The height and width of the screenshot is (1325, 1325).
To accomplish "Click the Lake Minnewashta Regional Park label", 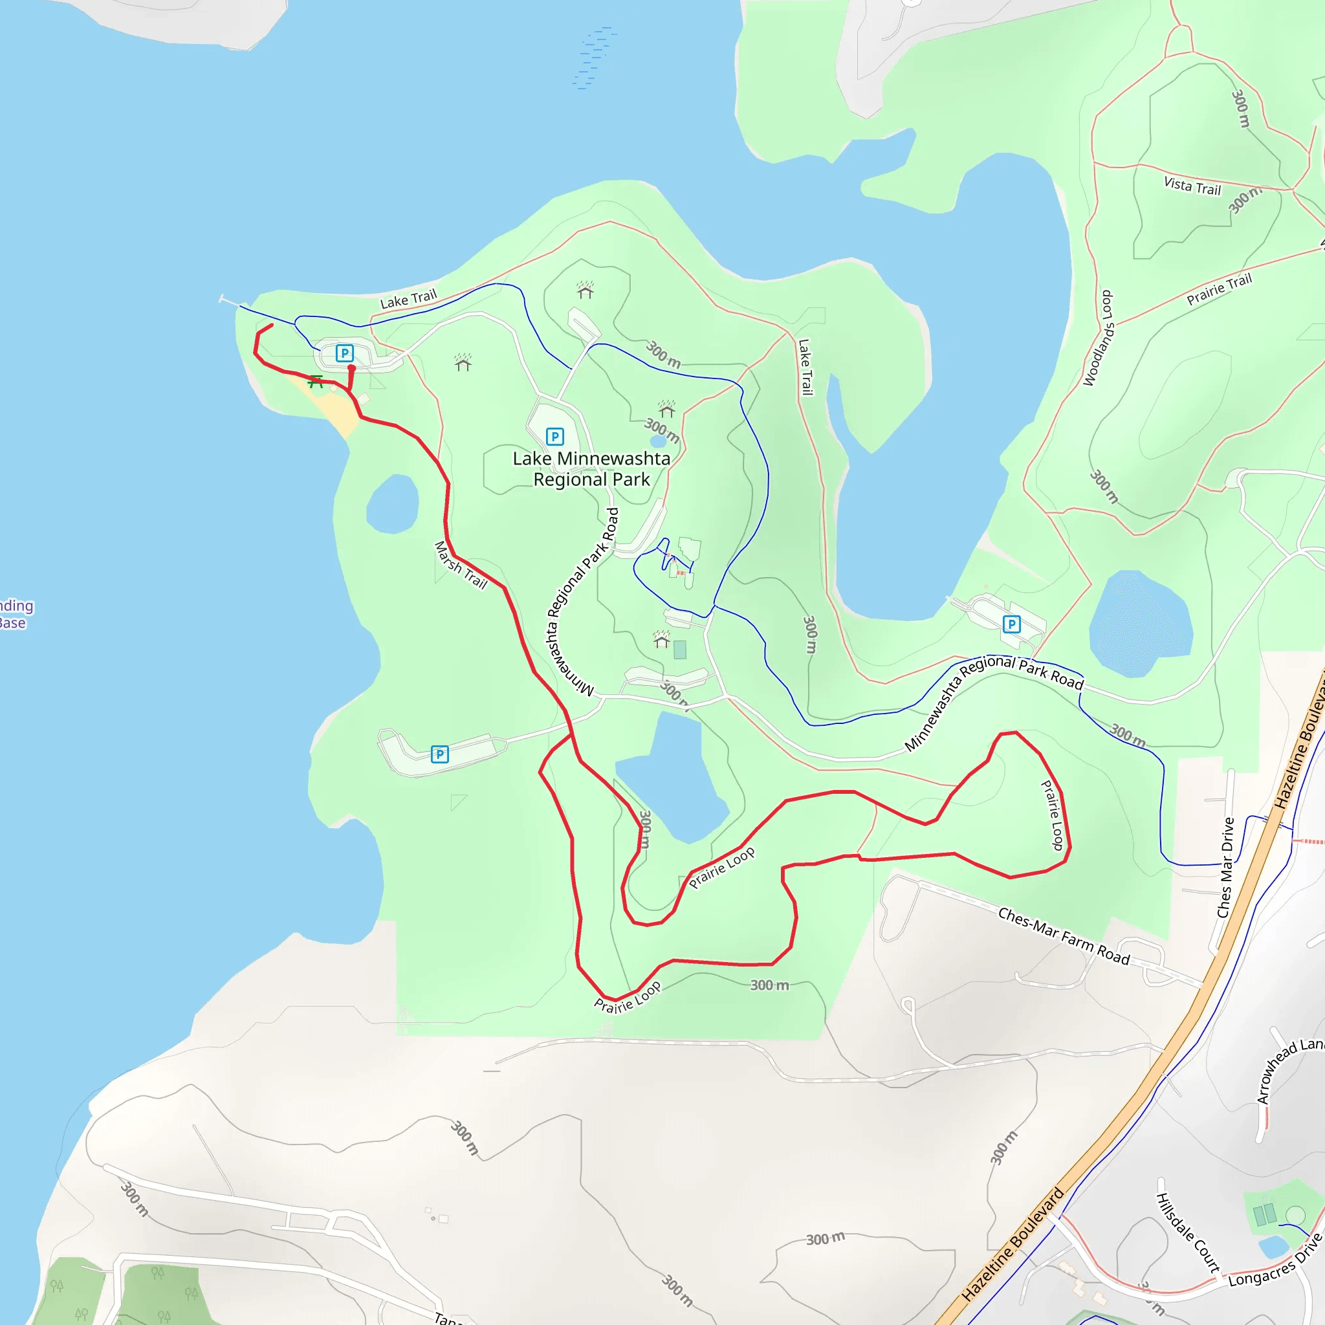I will pyautogui.click(x=591, y=469).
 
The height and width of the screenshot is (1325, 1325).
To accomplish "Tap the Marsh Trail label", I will pyautogui.click(x=461, y=565).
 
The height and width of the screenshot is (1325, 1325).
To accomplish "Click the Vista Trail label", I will pyautogui.click(x=1192, y=186).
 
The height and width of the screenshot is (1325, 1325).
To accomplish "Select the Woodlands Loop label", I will pyautogui.click(x=1098, y=339).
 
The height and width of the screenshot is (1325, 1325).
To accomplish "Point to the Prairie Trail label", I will pyautogui.click(x=1219, y=289).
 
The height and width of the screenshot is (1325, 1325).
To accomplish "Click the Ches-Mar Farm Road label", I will pyautogui.click(x=1063, y=936).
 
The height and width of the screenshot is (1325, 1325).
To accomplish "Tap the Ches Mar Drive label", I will pyautogui.click(x=1225, y=868).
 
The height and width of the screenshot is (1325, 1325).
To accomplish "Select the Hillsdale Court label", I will pyautogui.click(x=1188, y=1233).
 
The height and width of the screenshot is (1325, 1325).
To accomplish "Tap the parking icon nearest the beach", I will pyautogui.click(x=344, y=353).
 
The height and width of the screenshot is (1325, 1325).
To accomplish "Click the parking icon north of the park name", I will pyautogui.click(x=554, y=436).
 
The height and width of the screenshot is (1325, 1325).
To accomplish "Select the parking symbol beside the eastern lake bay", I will pyautogui.click(x=1011, y=624).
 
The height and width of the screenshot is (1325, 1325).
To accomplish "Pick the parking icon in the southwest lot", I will pyautogui.click(x=439, y=754).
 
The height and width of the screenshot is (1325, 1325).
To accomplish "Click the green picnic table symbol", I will pyautogui.click(x=316, y=381).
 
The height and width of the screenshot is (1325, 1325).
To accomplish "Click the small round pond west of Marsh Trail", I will pyautogui.click(x=393, y=504).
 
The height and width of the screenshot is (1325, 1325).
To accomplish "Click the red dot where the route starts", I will pyautogui.click(x=352, y=368).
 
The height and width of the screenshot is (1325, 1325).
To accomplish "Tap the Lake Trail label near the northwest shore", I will pyautogui.click(x=408, y=299).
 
